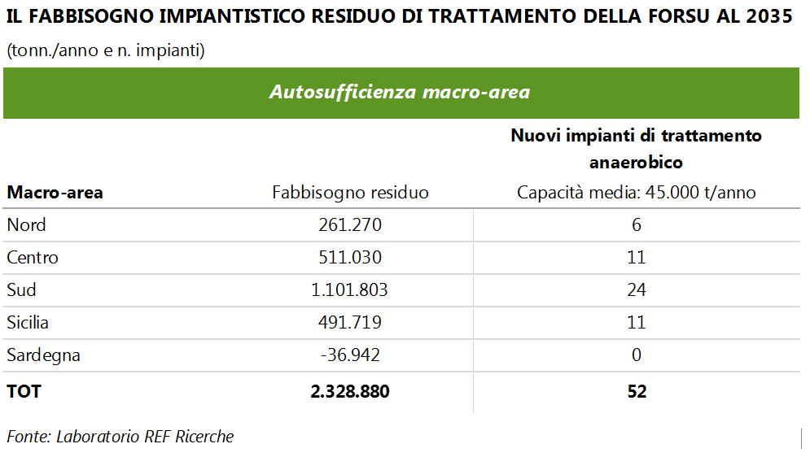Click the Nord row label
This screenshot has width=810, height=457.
tap(26, 225)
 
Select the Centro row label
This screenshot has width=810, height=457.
tap(33, 258)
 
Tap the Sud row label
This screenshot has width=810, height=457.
tap(22, 290)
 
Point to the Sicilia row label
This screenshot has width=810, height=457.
tap(28, 323)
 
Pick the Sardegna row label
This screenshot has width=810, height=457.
tap(43, 355)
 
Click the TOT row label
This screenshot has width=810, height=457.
tap(24, 391)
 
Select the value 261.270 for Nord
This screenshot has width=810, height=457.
tap(350, 225)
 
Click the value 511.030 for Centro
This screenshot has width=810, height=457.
tap(350, 258)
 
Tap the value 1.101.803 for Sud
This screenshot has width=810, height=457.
tap(350, 290)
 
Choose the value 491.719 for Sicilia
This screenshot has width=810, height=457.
tap(350, 323)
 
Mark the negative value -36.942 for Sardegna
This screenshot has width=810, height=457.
tap(350, 355)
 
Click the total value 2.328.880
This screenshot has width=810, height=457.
tap(350, 391)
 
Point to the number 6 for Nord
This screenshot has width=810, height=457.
tap(637, 225)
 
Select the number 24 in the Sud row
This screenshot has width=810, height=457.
tap(637, 290)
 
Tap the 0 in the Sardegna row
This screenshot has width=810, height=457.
tap(637, 355)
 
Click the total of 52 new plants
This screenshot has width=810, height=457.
tap(637, 391)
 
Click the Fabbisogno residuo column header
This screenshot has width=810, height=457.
tap(350, 193)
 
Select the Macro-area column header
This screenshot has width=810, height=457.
tap(55, 193)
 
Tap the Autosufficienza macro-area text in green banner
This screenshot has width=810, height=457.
tap(400, 92)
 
